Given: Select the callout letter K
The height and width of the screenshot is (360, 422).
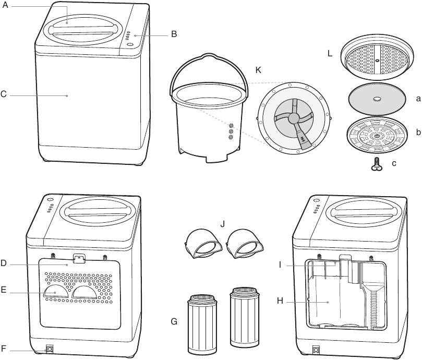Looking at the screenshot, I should [x=258, y=69].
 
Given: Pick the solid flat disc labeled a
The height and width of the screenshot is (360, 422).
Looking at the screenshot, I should [x=377, y=99].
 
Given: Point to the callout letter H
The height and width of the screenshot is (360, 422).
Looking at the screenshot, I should [x=280, y=302].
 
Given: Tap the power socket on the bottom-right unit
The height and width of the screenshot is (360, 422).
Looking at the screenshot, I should [x=316, y=350].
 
